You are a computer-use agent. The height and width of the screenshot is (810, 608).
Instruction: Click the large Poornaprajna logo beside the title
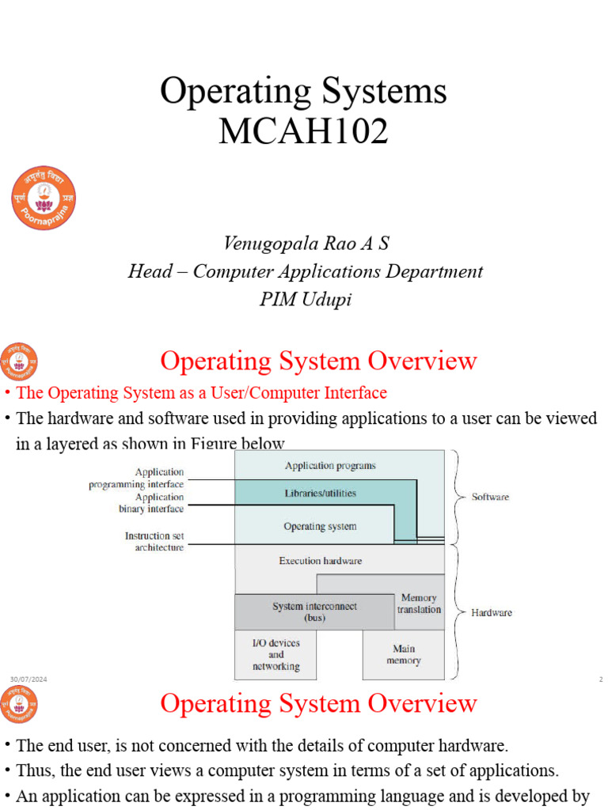coord(44,198)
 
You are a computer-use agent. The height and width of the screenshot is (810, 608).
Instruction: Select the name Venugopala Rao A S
coord(305,244)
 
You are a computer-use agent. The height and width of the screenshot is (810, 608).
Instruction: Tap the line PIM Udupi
coord(305,301)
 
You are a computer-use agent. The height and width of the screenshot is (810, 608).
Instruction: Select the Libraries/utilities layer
coord(320,493)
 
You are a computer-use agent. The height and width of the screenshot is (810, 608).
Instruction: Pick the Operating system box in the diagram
coord(320,526)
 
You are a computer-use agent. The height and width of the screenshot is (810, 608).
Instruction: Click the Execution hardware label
coord(320,561)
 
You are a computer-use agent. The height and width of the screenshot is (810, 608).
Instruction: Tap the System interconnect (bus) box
coord(314,611)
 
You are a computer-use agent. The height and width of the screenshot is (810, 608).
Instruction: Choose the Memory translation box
coord(419,604)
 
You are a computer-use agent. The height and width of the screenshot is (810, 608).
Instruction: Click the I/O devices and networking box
coord(275,655)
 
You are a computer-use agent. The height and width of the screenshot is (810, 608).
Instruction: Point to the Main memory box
coord(403,655)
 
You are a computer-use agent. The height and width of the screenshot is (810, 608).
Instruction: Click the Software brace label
coord(490,498)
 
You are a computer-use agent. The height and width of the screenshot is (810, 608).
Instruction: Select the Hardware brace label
coord(491,612)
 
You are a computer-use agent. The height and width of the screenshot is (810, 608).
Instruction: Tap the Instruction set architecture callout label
coord(154,541)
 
